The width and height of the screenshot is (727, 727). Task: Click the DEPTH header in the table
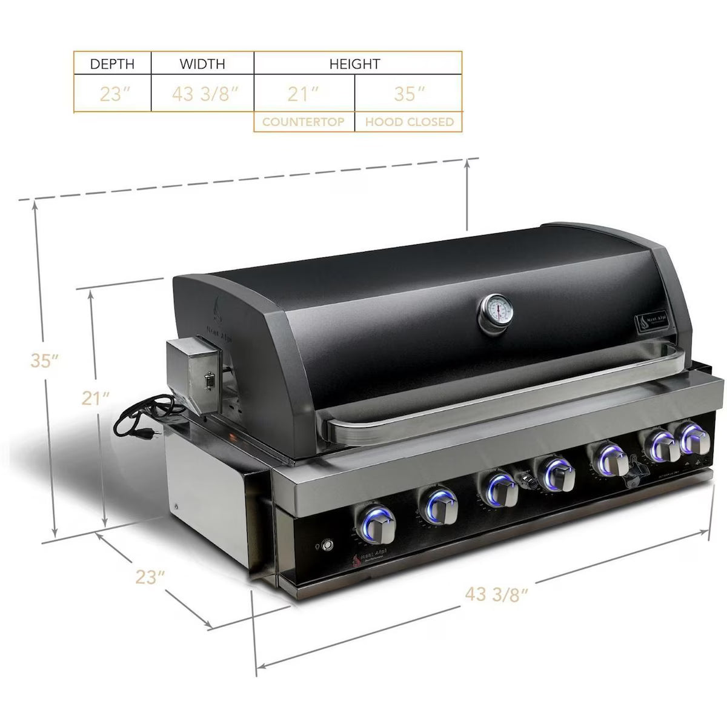112,64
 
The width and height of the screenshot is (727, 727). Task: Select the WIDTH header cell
202,64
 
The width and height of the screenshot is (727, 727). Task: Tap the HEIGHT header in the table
355,64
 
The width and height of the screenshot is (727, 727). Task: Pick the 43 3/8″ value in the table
202,94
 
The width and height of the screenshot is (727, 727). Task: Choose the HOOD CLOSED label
409,122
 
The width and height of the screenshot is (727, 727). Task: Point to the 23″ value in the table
112,94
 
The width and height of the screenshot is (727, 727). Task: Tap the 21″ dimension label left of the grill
95,398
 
